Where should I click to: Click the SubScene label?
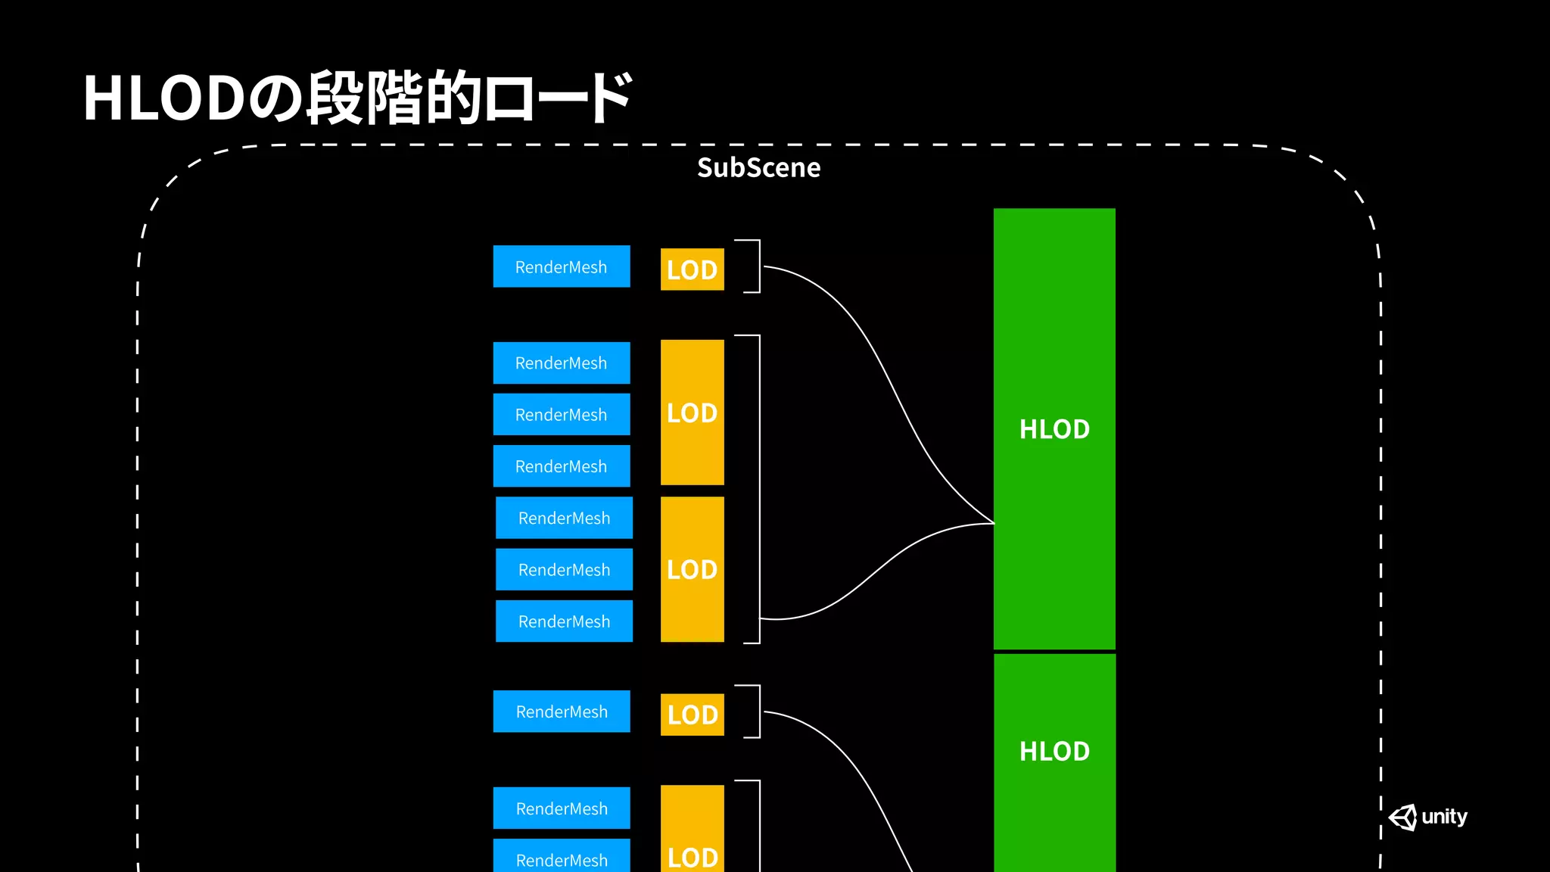tap(758, 167)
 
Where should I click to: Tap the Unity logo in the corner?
tap(1427, 817)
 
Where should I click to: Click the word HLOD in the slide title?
tap(163, 98)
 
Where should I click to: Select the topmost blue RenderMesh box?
tap(561, 266)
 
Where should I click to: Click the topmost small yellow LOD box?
tap(692, 269)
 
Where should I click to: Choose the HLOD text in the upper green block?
tap(1054, 429)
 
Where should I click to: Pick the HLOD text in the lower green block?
tap(1054, 752)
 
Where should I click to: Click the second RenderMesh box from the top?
tap(561, 363)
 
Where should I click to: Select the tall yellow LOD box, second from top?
tap(692, 413)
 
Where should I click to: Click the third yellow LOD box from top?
tap(692, 569)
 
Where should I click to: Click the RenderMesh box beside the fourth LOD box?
tap(561, 712)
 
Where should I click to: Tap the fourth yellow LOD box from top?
tap(692, 715)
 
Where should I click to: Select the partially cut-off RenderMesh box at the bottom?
tap(561, 858)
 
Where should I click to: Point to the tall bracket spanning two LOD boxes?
tap(757, 489)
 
